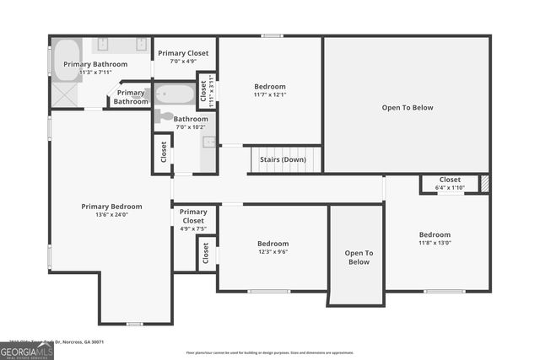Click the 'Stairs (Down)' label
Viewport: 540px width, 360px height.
coord(283,159)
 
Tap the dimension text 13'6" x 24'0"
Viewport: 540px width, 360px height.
coord(105,215)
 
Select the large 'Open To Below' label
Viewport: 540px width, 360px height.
coord(408,108)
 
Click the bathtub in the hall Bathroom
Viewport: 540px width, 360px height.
coord(174,94)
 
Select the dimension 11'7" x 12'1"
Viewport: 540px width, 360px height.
coord(270,95)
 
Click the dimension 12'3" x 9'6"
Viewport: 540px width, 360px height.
coord(273,252)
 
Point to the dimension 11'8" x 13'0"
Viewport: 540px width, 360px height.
coord(435,244)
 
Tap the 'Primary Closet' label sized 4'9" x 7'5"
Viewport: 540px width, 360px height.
coord(193,218)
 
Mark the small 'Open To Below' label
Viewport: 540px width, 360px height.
coord(359,257)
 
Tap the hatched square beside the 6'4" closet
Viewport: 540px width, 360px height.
coord(484,184)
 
